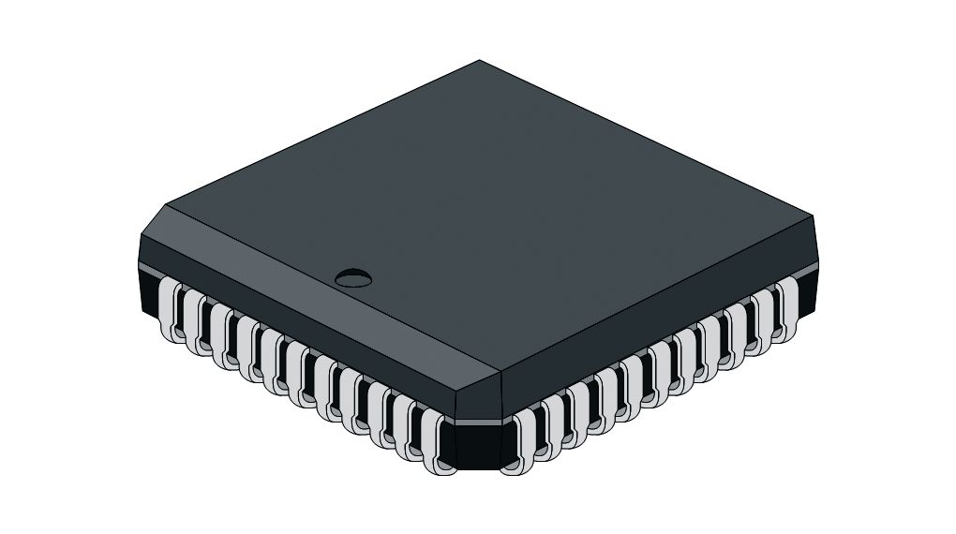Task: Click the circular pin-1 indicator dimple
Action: pos(352,276)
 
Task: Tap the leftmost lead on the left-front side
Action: pos(169,309)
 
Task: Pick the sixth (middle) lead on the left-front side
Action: pos(298,376)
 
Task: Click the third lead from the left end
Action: pos(221,335)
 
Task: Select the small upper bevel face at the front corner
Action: pos(477,399)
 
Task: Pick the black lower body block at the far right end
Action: pos(808,290)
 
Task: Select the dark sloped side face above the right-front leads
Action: pos(656,323)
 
